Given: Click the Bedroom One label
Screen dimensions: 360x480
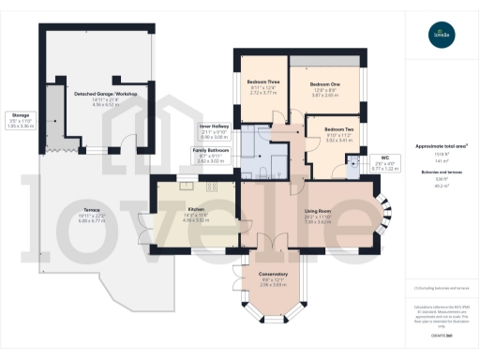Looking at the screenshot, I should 324,82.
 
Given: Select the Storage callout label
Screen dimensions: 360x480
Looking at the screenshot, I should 21,114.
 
